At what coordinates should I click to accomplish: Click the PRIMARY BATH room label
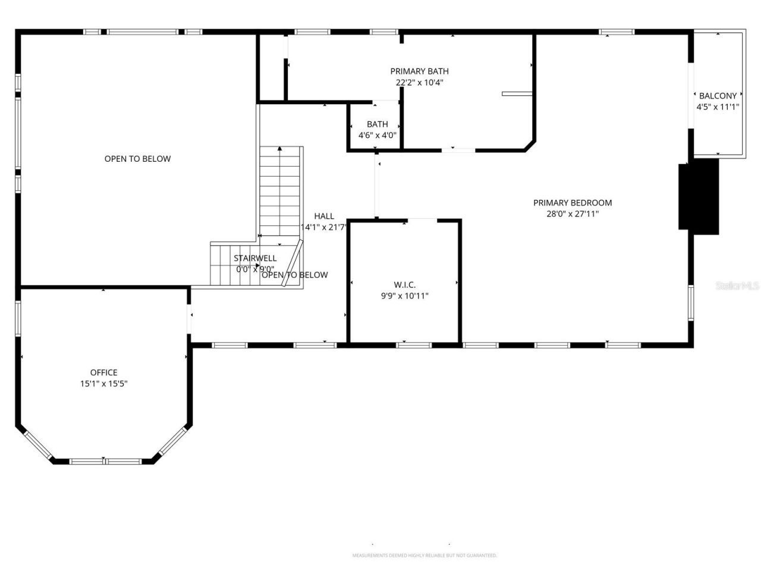tap(419, 71)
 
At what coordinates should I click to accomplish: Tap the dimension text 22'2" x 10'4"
tap(419, 83)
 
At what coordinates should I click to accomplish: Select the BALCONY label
tap(718, 96)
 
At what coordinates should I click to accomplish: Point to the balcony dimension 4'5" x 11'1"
tap(718, 107)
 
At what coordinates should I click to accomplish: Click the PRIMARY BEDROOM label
tap(572, 203)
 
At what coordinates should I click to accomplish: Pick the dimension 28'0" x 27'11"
tap(572, 214)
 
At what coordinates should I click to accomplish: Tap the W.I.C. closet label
tap(404, 284)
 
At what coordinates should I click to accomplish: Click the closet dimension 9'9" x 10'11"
tap(404, 296)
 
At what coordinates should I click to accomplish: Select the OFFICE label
tap(103, 372)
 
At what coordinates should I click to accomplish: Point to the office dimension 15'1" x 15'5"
tap(103, 384)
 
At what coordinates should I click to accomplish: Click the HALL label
tap(324, 216)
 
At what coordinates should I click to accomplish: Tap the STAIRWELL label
tap(254, 258)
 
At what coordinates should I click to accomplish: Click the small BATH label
tap(377, 124)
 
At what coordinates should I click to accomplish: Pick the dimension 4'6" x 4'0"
tap(377, 135)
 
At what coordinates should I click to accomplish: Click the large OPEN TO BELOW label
tap(137, 159)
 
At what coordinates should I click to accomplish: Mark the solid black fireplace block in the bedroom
tap(699, 196)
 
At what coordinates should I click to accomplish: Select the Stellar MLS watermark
tap(737, 286)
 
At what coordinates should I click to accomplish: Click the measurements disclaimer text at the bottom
tap(424, 556)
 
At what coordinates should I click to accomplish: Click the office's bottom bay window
tap(105, 461)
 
